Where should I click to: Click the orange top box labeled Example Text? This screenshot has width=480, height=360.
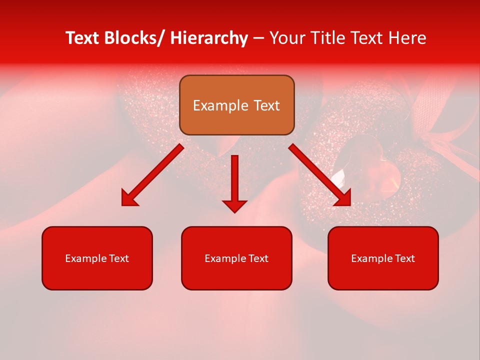(236, 105)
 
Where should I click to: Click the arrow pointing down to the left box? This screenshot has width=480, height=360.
(152, 175)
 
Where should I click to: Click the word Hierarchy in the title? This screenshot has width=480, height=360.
(209, 38)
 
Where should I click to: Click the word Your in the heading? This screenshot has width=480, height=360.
(286, 38)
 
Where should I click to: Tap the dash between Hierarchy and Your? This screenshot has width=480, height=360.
(258, 38)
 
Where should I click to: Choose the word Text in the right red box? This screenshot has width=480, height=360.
(405, 258)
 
